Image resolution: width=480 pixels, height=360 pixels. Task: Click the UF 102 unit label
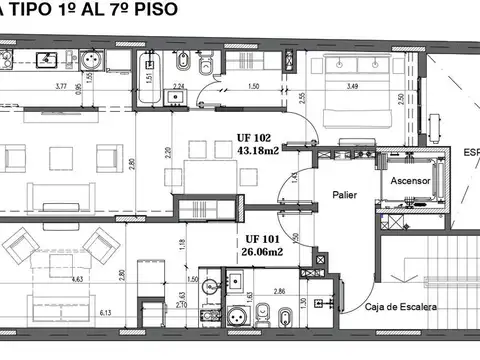(x=255, y=139)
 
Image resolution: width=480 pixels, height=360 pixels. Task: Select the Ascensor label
(x=409, y=183)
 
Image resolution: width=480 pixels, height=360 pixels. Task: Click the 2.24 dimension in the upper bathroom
(x=178, y=87)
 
